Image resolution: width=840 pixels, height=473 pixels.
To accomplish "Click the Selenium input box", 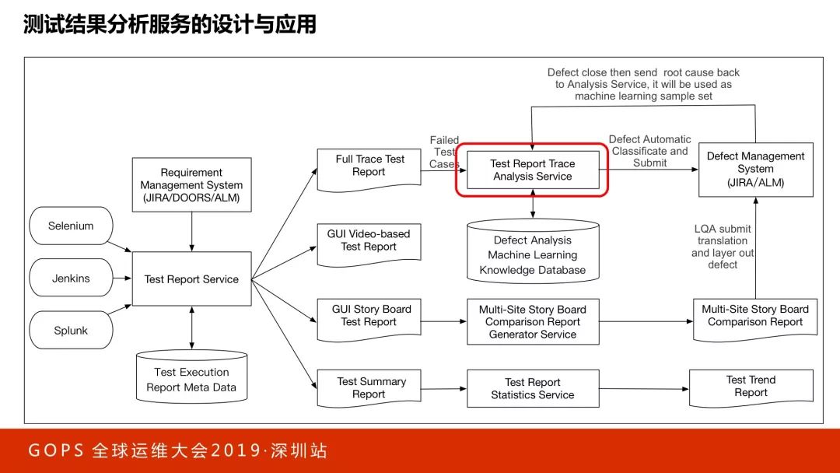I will coord(71,226).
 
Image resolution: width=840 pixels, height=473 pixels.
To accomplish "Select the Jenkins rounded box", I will coord(71,279).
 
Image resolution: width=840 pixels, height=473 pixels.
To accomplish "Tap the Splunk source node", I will coord(71,331).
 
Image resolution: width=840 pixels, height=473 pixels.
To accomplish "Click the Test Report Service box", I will coord(191,279).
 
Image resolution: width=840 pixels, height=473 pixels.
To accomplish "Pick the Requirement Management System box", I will coord(191,185).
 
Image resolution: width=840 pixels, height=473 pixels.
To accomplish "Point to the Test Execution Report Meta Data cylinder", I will coord(191,379).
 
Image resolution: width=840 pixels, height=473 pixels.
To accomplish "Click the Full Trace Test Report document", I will coord(369,166).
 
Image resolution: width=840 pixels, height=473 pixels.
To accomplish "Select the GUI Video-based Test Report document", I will coord(369,241).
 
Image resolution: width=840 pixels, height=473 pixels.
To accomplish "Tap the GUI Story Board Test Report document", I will coord(369,317).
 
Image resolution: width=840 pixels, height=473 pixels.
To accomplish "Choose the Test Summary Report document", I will coord(369,388).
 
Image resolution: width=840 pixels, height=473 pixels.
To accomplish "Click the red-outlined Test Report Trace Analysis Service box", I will coord(533,170).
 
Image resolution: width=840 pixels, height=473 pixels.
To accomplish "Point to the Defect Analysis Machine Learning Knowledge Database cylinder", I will coord(533,254).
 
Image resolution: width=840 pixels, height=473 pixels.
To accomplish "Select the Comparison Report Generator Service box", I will coord(533,321).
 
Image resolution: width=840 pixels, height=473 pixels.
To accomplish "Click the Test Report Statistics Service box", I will coord(533,388).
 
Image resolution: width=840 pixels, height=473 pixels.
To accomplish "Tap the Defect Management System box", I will coord(755,170).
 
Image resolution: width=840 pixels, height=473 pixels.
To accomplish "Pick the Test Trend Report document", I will coord(751,387).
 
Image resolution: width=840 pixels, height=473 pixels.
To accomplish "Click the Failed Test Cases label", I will coord(444,152).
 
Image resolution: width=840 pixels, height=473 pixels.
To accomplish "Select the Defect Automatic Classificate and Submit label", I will coord(649,151).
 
